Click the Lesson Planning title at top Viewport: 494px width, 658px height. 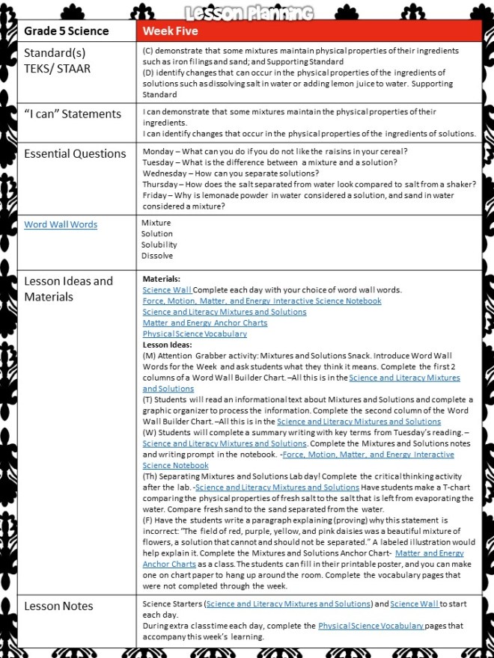246,10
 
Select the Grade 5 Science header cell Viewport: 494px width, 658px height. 66,31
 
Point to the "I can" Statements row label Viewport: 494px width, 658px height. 72,114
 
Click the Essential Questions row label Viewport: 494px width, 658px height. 75,153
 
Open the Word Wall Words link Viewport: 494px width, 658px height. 61,224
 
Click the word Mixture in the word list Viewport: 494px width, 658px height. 156,223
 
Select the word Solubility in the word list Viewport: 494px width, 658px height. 159,245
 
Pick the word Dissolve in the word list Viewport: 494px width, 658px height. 156,256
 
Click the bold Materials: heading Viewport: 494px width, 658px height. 161,278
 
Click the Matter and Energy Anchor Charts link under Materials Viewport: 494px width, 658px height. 204,322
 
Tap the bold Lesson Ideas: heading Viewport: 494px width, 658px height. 167,345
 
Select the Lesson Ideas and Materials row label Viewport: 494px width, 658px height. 68,289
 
